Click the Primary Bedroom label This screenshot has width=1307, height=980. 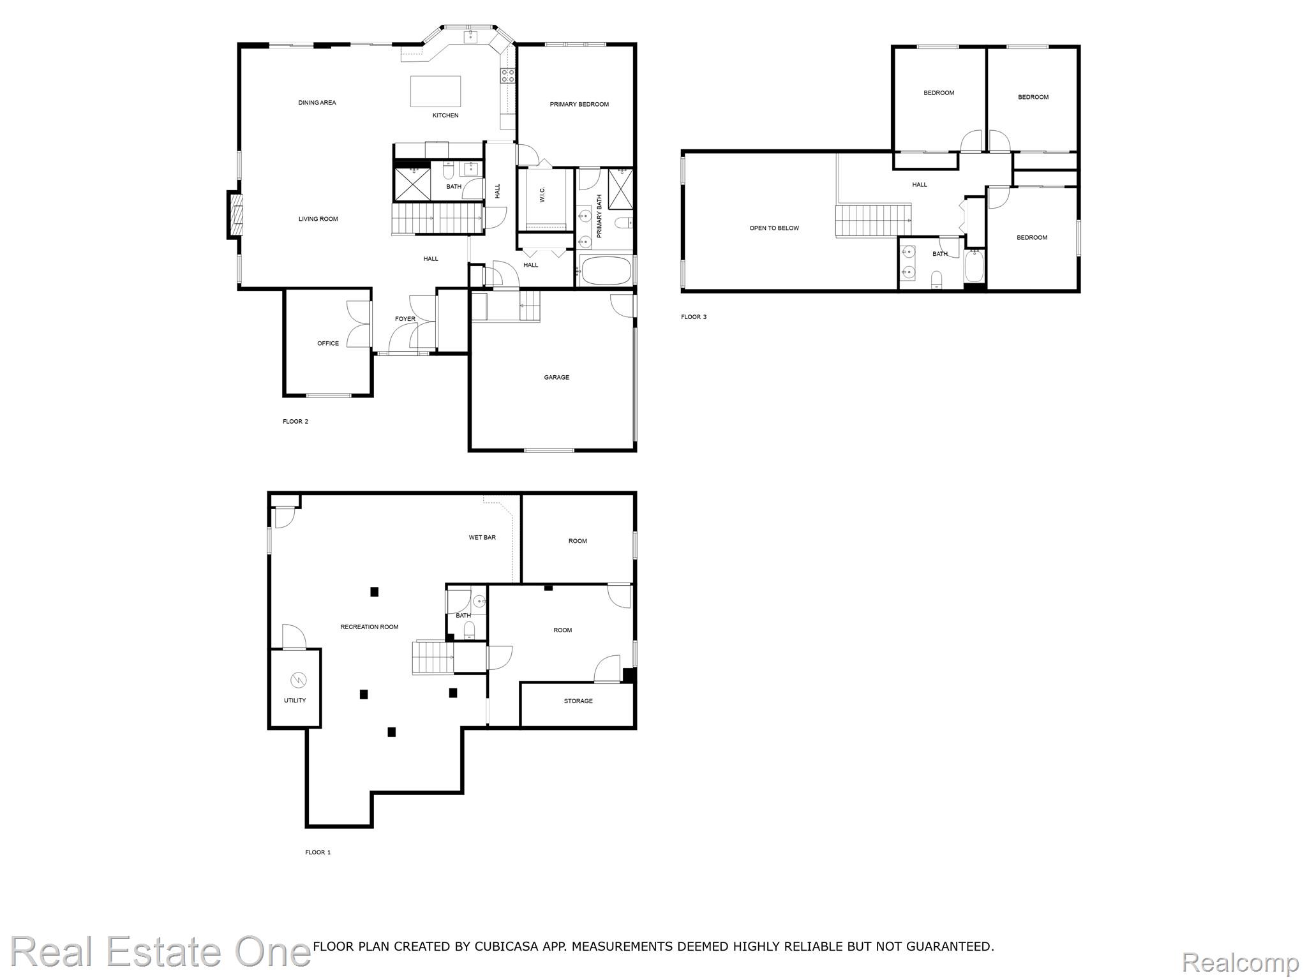click(579, 104)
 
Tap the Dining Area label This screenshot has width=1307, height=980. click(317, 103)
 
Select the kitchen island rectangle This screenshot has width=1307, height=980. click(435, 91)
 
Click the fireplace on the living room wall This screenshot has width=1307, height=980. click(235, 215)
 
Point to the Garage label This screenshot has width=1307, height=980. click(556, 377)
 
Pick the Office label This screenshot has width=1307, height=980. click(328, 343)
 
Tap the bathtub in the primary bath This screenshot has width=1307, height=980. click(605, 271)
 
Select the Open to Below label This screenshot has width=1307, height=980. click(774, 228)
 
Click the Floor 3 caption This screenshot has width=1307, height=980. click(694, 317)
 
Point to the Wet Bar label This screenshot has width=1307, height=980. click(482, 537)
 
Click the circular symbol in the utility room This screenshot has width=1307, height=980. click(298, 678)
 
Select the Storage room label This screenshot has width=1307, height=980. click(578, 701)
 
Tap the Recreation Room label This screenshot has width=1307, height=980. click(370, 627)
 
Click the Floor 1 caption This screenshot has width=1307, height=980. click(318, 852)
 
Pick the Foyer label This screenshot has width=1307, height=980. click(405, 319)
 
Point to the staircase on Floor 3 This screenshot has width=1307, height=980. click(874, 220)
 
